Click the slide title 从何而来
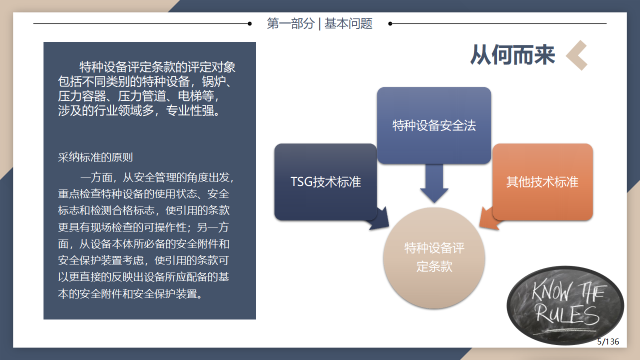tap(512, 55)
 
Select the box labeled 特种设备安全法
tap(434, 125)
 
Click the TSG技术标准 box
tap(325, 181)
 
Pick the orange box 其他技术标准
tap(542, 181)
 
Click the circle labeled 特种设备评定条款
tap(434, 258)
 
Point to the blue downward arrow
tap(434, 183)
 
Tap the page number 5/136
tap(608, 341)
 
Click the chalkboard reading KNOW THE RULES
tap(565, 305)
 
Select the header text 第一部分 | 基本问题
tap(319, 23)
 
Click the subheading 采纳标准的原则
tap(95, 157)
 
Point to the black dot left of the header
tap(249, 23)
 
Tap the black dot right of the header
tap(390, 23)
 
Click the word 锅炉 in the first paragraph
tap(214, 81)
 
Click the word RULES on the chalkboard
tap(567, 314)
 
